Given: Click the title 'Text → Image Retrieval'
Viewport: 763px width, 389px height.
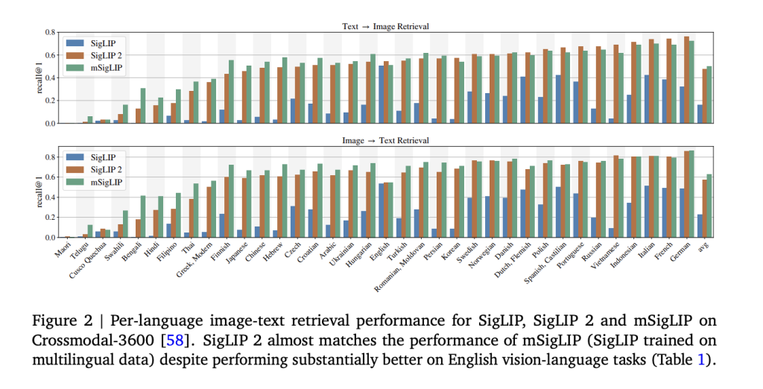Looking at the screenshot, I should tap(385, 26).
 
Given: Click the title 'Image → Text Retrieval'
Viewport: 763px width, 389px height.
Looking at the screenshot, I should tap(385, 140).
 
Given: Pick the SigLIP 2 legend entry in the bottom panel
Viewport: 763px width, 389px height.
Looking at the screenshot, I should tap(106, 170).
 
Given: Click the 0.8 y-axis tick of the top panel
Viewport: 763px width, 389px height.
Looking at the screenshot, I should tap(51, 32).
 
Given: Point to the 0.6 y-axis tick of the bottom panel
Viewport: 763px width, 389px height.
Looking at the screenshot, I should tap(51, 177).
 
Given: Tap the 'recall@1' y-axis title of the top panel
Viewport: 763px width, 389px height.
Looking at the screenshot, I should tap(34, 78).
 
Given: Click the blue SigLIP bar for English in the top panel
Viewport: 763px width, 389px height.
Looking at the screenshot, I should tap(381, 94).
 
